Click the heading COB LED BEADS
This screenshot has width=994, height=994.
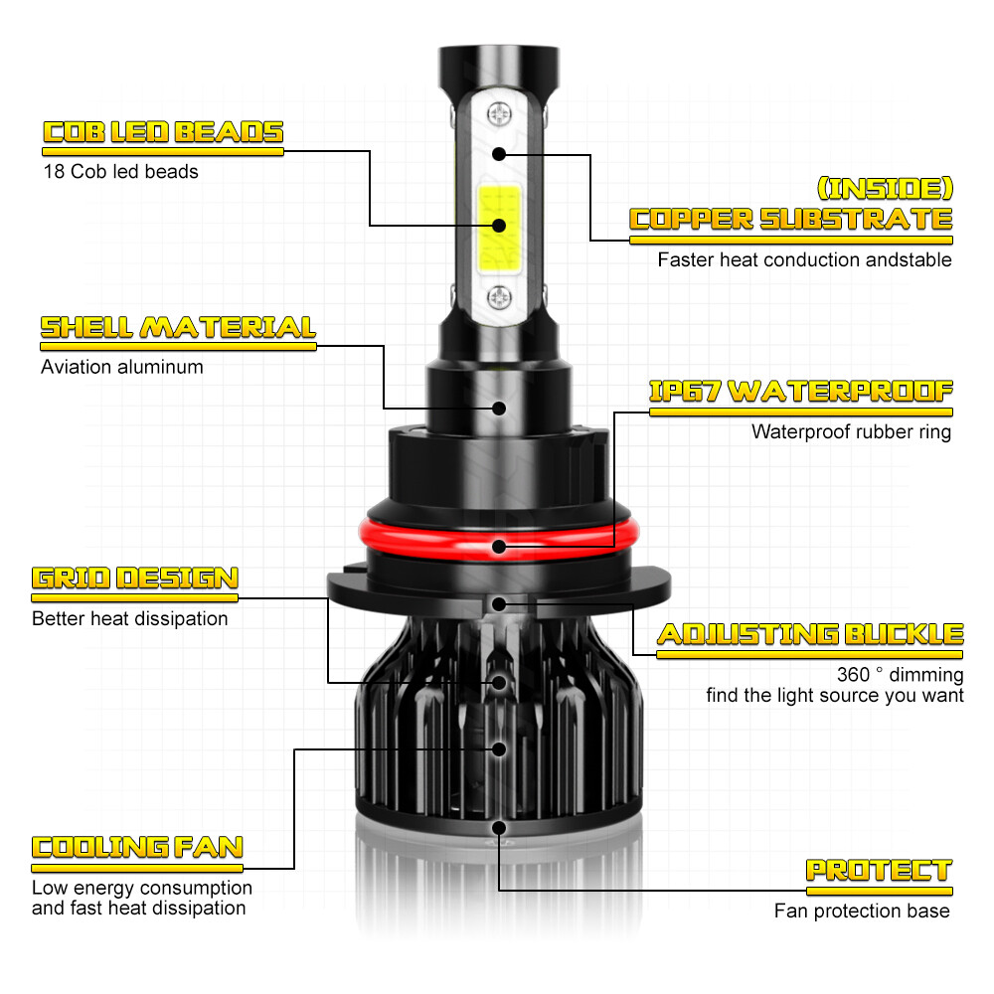[x=163, y=132]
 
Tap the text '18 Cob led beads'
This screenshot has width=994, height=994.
[x=120, y=172]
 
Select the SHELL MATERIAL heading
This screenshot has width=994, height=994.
[x=178, y=327]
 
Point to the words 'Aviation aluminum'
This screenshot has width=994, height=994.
[x=121, y=367]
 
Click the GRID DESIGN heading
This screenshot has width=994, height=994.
[x=135, y=579]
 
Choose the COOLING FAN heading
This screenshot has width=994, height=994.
[x=137, y=847]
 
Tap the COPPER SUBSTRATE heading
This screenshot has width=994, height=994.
[x=791, y=220]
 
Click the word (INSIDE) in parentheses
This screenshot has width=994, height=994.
[x=885, y=188]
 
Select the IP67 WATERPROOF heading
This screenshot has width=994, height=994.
[x=801, y=391]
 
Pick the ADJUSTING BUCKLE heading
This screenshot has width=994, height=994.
[x=810, y=634]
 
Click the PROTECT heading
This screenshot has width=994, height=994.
[x=880, y=871]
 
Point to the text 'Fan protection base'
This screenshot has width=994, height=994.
[x=862, y=911]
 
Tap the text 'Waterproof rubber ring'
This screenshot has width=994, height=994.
[x=852, y=431]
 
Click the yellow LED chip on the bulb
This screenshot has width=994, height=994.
[x=499, y=227]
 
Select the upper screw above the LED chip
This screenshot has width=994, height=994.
[x=500, y=114]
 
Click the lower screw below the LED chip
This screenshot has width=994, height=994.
[x=500, y=297]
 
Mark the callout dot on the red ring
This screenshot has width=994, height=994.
[x=499, y=547]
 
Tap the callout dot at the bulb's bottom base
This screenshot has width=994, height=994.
[x=499, y=828]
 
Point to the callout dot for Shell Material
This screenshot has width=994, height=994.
[x=499, y=409]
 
